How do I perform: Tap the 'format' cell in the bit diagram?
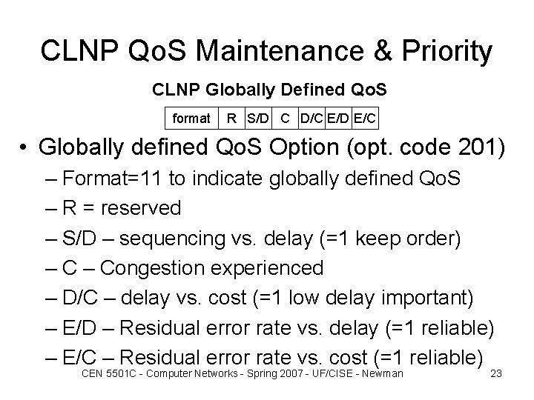point(191,118)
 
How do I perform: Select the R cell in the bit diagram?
point(232,118)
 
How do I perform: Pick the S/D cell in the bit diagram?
point(257,118)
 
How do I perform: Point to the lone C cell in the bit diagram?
point(286,118)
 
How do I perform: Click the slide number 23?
point(497,373)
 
